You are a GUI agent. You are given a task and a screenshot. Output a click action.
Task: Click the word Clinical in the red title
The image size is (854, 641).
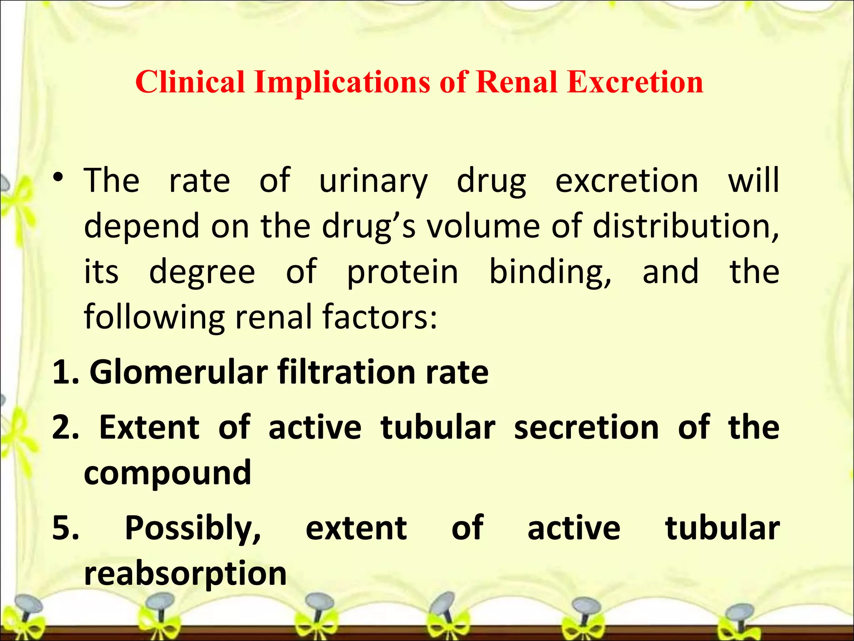(190, 82)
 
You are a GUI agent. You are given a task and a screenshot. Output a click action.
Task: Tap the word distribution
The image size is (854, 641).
(685, 226)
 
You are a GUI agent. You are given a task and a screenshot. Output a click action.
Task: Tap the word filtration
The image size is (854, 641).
(346, 373)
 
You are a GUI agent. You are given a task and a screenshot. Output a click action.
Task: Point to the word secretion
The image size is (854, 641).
(586, 428)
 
